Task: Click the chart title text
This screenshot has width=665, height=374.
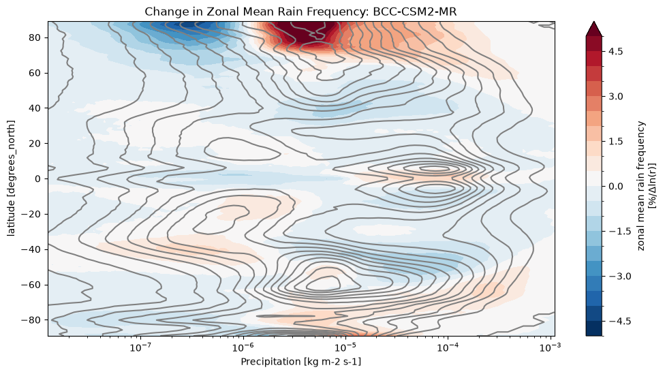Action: pos(300,12)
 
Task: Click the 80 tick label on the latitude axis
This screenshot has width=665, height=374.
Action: pos(35,37)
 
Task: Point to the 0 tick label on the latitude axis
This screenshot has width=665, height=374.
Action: pos(38,179)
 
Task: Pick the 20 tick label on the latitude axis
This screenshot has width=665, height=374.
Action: pos(35,144)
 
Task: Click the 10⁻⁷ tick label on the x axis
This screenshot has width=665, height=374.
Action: pos(141,347)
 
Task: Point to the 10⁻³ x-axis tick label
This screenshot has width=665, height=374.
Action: pos(551,347)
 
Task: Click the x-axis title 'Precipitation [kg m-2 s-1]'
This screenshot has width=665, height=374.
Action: pos(301,362)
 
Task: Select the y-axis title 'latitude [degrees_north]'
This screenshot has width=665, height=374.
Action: pos(12,178)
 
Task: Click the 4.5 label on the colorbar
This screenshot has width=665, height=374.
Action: pos(616,52)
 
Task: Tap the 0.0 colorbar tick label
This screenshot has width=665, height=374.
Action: pos(616,187)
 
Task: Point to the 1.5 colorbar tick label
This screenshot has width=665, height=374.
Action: pos(616,142)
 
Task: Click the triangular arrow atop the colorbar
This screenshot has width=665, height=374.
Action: pos(594,30)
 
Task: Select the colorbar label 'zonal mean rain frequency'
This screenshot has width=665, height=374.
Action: pos(641,186)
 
